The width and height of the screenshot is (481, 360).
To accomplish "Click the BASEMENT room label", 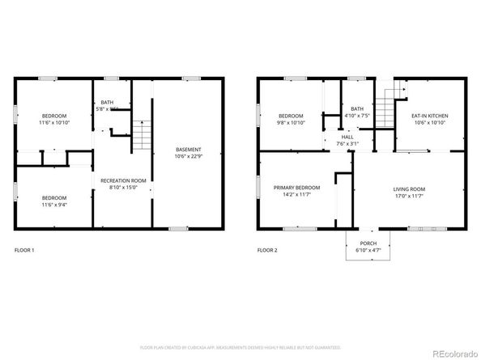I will (188, 150).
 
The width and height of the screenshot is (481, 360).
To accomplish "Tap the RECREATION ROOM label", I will (122, 180).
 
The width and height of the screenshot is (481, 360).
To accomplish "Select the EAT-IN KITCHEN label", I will (429, 116).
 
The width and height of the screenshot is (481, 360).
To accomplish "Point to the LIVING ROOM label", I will (409, 188).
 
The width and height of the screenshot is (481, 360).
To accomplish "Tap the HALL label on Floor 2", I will (347, 137).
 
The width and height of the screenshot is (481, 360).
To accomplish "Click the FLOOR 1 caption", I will (24, 250).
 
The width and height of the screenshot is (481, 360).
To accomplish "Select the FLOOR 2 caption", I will (266, 250).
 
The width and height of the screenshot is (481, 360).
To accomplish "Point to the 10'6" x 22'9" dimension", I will (188, 156).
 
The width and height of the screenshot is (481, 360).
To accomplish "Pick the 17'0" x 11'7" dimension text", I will (409, 195).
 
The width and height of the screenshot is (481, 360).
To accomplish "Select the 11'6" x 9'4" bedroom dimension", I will (54, 205).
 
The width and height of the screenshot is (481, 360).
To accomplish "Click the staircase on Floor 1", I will (142, 134).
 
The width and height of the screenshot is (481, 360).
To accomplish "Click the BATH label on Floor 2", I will (356, 108).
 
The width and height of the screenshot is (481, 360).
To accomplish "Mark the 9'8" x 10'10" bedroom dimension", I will (290, 122).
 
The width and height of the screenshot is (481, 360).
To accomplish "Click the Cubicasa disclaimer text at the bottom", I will (240, 347).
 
